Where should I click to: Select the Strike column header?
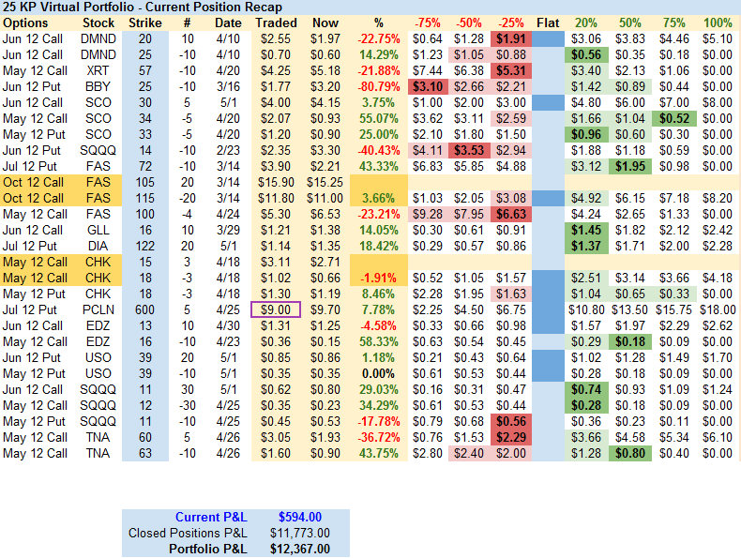pos(144,23)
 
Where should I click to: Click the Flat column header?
pos(548,23)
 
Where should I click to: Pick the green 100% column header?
pos(718,23)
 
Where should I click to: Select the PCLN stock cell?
pos(99,309)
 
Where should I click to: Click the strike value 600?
pos(144,309)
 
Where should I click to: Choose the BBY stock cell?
pos(99,86)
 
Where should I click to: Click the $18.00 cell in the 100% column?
pos(718,309)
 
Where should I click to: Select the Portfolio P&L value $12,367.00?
pos(300,549)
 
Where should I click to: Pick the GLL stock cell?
pos(99,229)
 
